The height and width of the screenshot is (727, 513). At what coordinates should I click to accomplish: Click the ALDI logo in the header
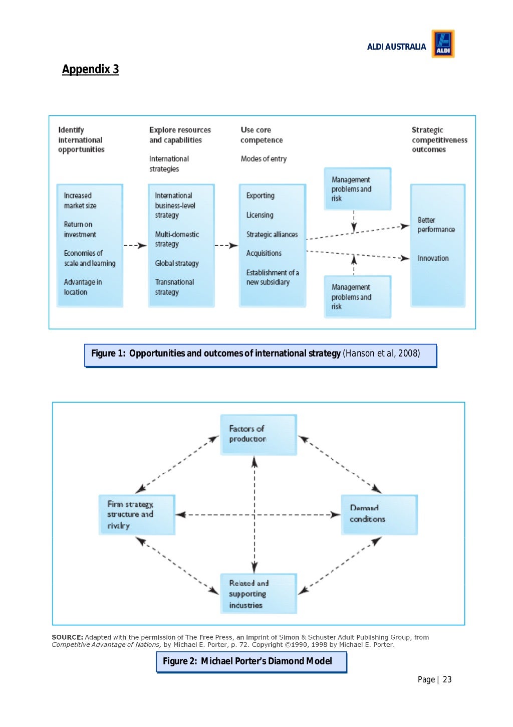click(x=443, y=44)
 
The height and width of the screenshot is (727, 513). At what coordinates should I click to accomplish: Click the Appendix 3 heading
click(x=90, y=69)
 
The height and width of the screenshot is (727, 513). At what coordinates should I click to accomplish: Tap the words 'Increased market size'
click(x=80, y=201)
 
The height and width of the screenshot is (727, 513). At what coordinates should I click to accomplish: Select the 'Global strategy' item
click(x=177, y=263)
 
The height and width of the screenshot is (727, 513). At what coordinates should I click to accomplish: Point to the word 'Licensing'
click(x=260, y=215)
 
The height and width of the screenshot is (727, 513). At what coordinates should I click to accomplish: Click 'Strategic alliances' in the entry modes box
click(x=272, y=234)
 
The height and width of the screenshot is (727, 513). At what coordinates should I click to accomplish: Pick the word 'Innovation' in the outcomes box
click(x=433, y=258)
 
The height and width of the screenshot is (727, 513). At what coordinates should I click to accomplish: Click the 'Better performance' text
click(x=436, y=225)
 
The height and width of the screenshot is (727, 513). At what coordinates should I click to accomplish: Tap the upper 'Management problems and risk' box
click(x=357, y=189)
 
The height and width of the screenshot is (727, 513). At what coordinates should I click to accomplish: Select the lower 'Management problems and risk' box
click(x=357, y=297)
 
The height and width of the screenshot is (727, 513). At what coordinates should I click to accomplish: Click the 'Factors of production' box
click(x=259, y=434)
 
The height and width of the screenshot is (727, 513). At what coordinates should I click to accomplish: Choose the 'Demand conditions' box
click(x=379, y=514)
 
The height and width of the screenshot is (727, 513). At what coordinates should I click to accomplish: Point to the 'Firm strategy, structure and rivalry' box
click(x=137, y=514)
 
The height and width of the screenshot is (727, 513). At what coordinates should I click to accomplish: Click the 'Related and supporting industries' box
click(x=259, y=594)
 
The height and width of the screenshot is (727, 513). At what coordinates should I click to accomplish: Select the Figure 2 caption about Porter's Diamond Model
click(x=251, y=661)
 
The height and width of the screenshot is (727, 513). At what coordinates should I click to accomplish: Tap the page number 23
click(x=447, y=680)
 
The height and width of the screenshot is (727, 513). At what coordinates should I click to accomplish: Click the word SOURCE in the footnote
click(x=68, y=637)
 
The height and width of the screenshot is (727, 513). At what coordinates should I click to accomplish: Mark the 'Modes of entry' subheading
click(x=264, y=159)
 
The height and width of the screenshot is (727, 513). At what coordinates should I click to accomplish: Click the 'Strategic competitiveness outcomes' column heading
click(x=439, y=140)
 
